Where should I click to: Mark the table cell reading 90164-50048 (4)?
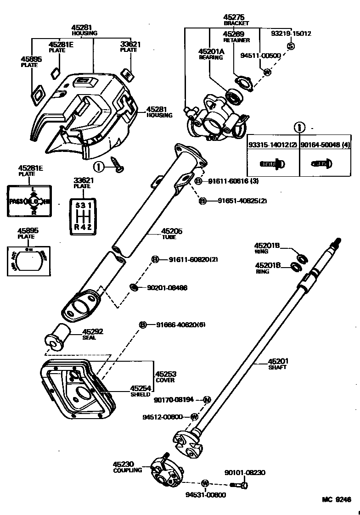(326, 145)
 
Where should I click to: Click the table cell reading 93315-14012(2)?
(273, 145)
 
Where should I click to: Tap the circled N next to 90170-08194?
(206, 399)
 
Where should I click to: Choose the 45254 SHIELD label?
(140, 391)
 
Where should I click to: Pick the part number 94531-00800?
(206, 495)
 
